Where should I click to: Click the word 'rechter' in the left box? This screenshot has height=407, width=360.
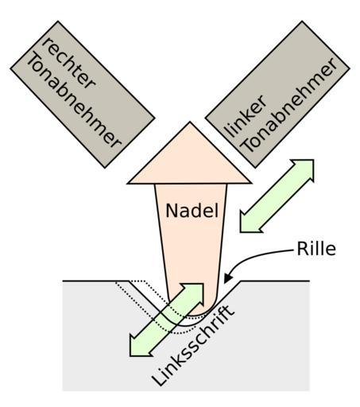68,64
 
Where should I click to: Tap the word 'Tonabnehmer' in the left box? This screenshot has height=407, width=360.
73,101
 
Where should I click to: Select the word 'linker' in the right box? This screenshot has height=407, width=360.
245,116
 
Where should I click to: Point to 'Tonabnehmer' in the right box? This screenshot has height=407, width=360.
289,104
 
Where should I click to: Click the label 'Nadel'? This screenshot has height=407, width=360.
192,211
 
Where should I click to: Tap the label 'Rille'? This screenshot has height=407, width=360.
316,249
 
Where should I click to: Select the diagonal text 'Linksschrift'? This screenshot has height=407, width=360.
192,345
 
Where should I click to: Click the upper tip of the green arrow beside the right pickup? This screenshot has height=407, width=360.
313,160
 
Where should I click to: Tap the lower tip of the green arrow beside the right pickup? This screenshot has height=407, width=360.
241,232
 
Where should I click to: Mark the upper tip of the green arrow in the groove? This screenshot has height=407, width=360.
203,285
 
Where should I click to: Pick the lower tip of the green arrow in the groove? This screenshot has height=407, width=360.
130,355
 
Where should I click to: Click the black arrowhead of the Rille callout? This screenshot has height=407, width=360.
227,278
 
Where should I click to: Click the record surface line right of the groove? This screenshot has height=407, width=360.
275,281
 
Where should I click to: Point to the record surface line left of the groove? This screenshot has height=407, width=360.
96,281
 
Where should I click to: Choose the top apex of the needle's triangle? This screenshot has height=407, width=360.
190,122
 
